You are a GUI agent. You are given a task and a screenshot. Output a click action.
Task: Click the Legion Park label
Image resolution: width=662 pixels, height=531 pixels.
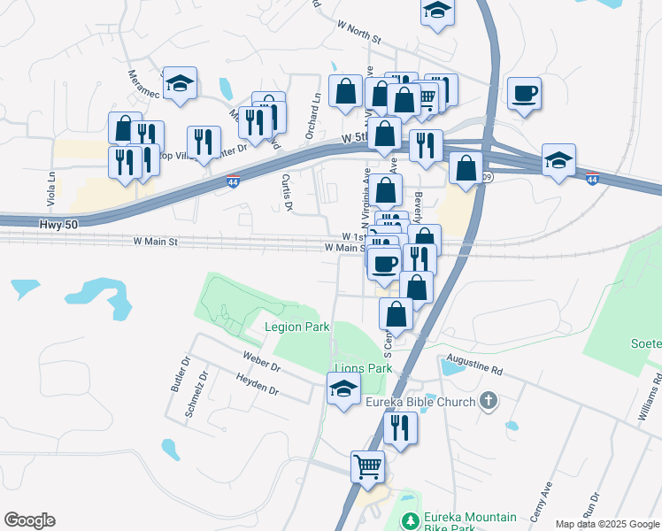(297, 327)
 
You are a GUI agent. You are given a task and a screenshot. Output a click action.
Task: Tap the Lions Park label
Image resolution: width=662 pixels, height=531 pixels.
(362, 368)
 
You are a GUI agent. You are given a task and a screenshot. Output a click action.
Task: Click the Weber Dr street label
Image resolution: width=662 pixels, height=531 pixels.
(262, 361)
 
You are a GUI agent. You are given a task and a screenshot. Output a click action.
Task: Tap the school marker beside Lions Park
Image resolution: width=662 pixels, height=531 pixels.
(343, 388)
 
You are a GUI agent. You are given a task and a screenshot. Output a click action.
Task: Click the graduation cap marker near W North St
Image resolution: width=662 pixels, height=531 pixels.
(436, 11)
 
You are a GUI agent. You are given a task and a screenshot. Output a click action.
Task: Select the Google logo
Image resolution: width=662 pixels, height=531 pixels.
(29, 520)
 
